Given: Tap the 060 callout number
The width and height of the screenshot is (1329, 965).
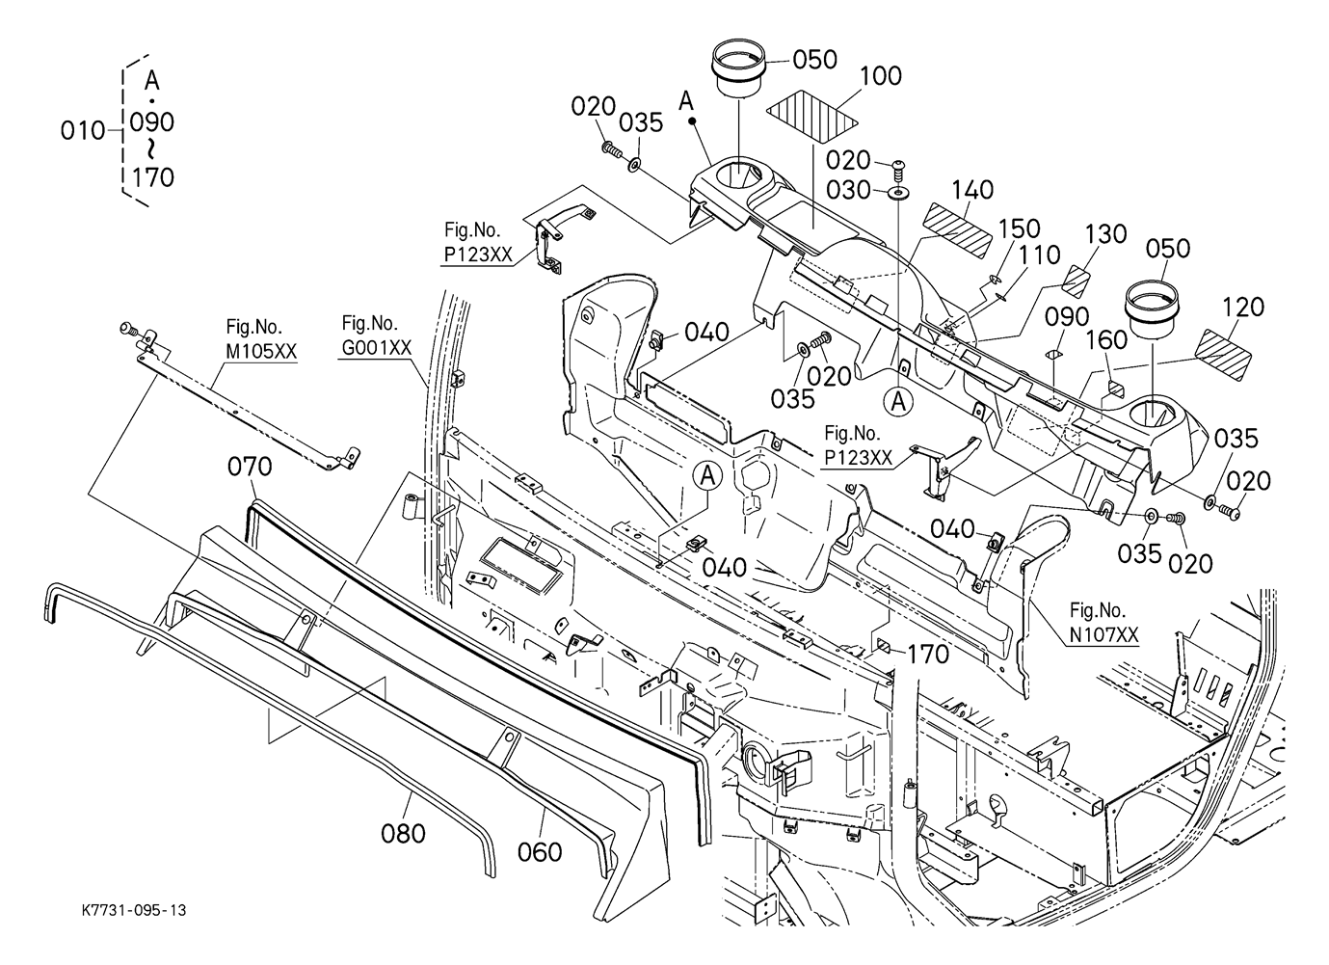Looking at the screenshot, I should coord(540,851).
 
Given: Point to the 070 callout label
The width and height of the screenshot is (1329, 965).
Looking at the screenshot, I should coord(250,467).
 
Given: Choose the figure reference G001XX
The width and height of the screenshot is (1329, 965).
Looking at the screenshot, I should coord(376,347).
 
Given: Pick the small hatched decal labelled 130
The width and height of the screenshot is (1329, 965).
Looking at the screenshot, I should coord(1075,280).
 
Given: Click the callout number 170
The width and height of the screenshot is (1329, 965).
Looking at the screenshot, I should coord(927,655).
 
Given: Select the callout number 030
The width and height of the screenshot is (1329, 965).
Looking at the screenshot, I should coord(849,191).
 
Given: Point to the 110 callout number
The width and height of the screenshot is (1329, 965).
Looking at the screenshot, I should coord(1039,255).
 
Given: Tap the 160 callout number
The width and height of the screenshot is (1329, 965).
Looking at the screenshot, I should coord(1106,340).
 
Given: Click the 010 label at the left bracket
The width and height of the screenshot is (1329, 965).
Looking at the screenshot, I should coord(82,130).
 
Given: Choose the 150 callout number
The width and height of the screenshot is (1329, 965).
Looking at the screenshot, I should coord(1019,228).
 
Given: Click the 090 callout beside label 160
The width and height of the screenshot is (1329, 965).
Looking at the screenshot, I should coord(1067,317).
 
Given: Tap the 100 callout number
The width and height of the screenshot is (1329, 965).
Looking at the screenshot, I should coord(880,75).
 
